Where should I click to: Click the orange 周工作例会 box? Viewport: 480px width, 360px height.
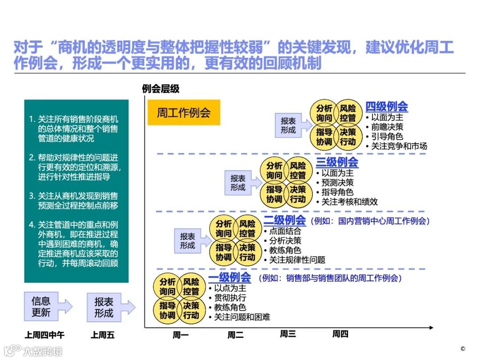coord(184,112)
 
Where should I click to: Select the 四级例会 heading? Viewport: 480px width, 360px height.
coord(386,107)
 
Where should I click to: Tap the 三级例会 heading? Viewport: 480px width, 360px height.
coord(337,162)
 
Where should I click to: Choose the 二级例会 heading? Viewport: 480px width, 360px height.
coord(284,220)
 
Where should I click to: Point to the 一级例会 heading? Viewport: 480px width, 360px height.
coord(229,278)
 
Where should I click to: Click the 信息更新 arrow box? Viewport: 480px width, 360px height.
coord(45,307)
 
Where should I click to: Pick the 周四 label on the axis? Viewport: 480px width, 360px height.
coord(340,334)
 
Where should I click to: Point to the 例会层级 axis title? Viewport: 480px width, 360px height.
coord(161,89)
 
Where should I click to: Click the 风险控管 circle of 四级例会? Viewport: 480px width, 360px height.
coord(348,113)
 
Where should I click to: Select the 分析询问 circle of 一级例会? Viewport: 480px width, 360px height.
coord(168,287)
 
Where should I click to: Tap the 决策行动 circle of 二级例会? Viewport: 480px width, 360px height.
coord(247,252)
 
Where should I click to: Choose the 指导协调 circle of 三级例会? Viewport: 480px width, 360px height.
coord(274,194)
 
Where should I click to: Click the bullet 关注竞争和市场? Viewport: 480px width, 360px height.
coord(399,146)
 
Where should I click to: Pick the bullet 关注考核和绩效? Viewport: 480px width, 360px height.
coord(349,201)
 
